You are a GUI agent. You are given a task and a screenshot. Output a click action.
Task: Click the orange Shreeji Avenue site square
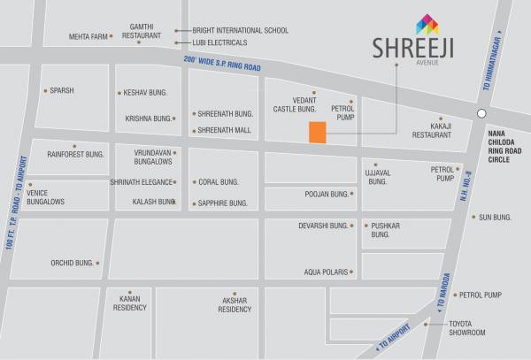click(x=317, y=133)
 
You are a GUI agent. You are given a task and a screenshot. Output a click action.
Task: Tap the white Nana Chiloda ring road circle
click(x=481, y=113)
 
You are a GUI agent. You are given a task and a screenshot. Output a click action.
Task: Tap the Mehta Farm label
click(x=88, y=37)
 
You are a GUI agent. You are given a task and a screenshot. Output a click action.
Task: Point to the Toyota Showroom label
click(x=467, y=328)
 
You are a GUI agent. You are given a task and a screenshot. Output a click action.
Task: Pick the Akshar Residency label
click(x=235, y=305)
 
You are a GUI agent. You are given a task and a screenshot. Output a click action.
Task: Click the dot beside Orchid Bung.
click(x=97, y=263)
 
